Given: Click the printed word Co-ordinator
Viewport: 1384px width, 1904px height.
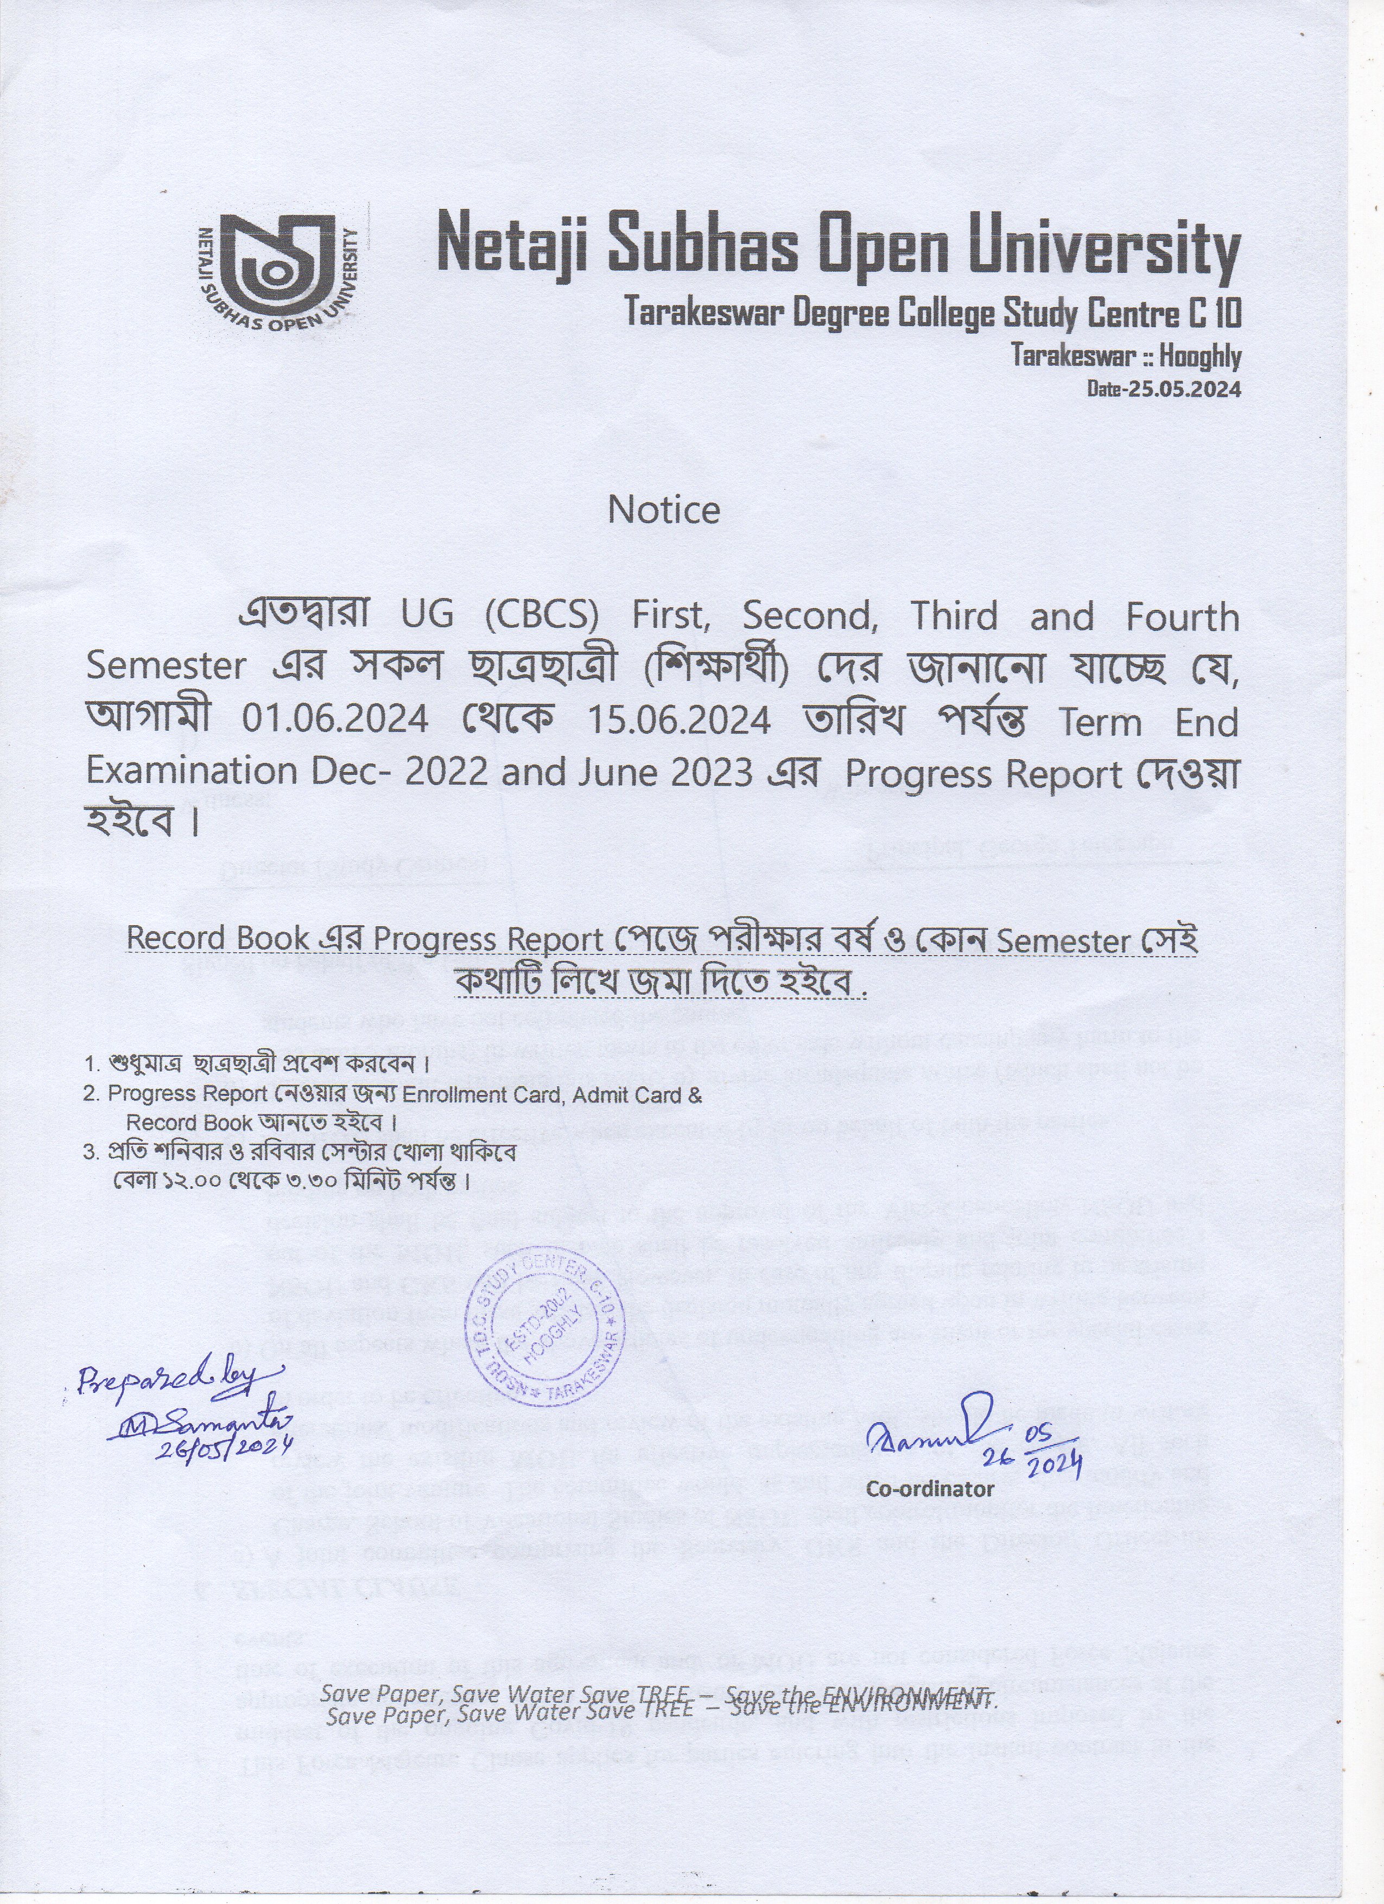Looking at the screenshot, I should (930, 1489).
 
